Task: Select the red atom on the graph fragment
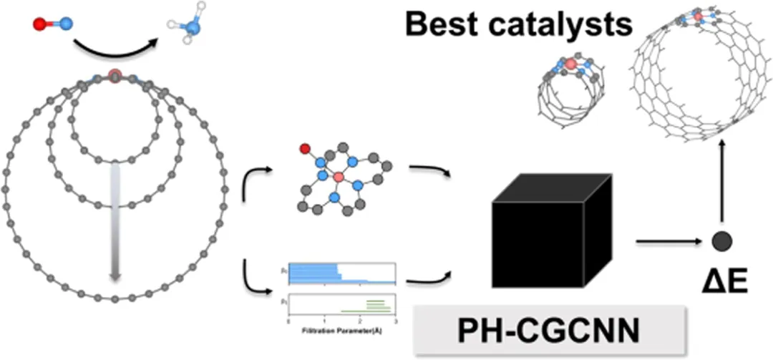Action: [306, 150]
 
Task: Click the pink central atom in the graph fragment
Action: [339, 176]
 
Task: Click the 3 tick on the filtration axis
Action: [395, 323]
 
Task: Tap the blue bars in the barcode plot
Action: [315, 272]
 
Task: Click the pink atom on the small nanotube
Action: [570, 65]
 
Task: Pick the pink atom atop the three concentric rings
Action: [115, 74]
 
